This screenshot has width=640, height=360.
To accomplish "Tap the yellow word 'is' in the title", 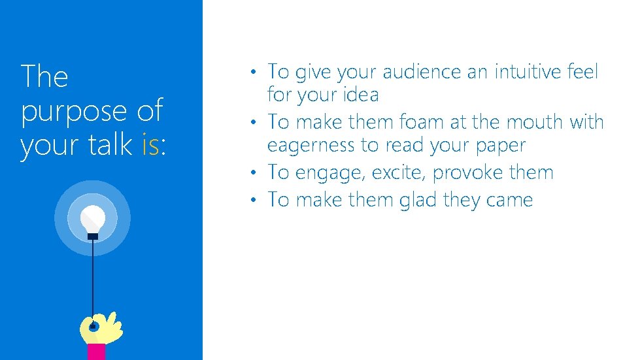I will [150, 145].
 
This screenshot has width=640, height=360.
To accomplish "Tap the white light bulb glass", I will [93, 218].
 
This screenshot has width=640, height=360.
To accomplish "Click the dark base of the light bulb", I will [93, 236].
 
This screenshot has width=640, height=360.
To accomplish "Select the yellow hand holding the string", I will [101, 328].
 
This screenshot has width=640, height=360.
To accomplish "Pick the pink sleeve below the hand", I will [96, 352].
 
